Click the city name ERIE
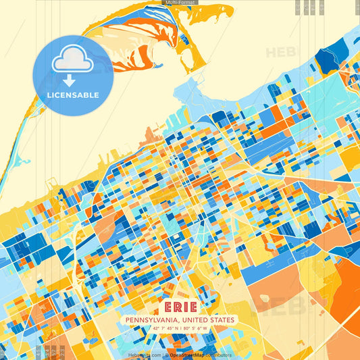tap(179, 307)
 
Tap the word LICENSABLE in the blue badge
tap(72, 95)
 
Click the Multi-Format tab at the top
tap(180, 3)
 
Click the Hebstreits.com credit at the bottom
tap(145, 355)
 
